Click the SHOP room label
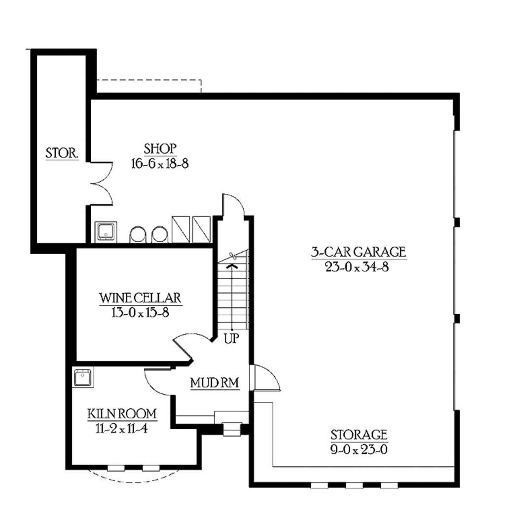pos(160,148)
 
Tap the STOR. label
pos(62,153)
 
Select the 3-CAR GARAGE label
pos(358,252)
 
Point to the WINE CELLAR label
pos(141,298)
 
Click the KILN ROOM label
pos(122,413)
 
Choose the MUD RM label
pos(215,383)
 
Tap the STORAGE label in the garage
pos(359,435)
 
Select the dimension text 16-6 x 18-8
pos(160,163)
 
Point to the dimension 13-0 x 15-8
pos(141,312)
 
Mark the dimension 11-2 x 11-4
pos(122,428)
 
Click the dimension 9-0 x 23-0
pos(359,450)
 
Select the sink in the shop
pos(106,231)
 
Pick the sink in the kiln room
pos(82,378)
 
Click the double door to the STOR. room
pos(103,183)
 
